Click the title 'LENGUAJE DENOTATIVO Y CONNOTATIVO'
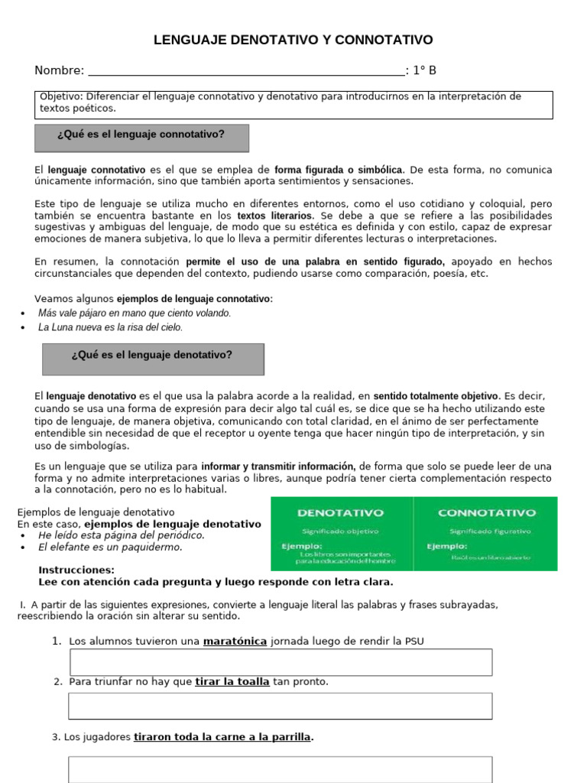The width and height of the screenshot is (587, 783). (x=293, y=40)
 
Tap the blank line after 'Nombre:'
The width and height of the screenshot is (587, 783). (x=246, y=72)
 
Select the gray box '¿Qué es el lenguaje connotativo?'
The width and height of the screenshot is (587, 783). (x=141, y=138)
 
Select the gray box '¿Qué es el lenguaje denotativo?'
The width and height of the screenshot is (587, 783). (x=152, y=359)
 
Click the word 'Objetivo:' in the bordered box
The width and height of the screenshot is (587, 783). (x=61, y=97)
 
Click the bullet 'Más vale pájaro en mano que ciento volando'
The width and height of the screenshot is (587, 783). (x=135, y=314)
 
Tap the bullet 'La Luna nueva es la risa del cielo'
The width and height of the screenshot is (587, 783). (x=111, y=327)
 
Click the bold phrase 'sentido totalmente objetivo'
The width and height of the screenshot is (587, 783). (x=436, y=397)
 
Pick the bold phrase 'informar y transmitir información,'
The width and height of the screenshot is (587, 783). (x=278, y=466)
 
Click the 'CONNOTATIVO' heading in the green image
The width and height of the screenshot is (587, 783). (x=486, y=513)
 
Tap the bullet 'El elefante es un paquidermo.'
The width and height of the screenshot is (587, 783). (x=111, y=547)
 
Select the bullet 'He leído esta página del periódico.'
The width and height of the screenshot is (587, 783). (x=122, y=536)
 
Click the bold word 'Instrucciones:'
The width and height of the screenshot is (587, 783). (x=76, y=570)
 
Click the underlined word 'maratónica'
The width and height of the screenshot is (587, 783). (x=235, y=642)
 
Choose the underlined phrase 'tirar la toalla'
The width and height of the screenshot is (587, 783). (x=232, y=682)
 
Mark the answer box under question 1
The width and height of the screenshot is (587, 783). (x=281, y=662)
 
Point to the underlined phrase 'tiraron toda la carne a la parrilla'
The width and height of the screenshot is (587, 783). (x=222, y=738)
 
